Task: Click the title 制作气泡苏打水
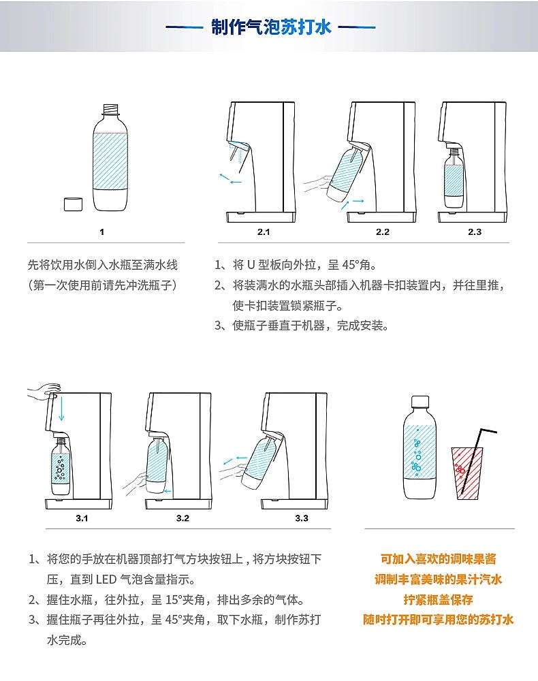[271, 27]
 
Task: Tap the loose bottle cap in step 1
[73, 204]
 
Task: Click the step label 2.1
[264, 232]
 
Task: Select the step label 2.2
[383, 232]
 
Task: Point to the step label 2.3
[475, 232]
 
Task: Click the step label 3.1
[82, 518]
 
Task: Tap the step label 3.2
[183, 518]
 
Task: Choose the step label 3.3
[302, 518]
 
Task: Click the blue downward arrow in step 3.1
[62, 408]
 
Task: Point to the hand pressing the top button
[44, 391]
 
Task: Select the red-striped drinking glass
[467, 473]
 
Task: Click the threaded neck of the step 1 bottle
[111, 109]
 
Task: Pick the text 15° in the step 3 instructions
[174, 600]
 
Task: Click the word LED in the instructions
[106, 580]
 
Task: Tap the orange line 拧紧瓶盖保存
[438, 600]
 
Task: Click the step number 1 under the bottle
[101, 232]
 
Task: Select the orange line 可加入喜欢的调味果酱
[438, 559]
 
